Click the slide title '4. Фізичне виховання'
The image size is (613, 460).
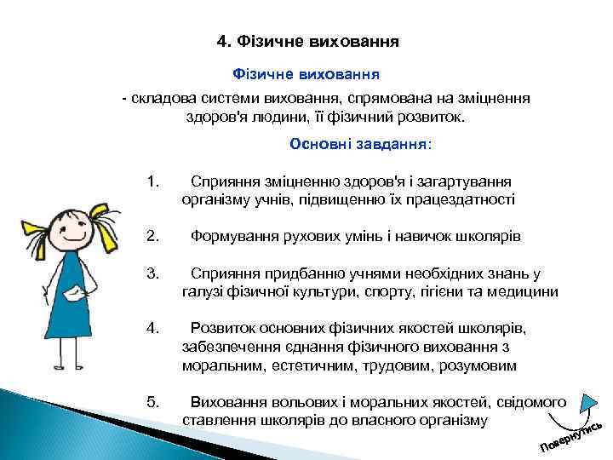point(307,40)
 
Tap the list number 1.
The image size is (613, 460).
point(153,181)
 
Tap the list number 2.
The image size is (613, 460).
point(153,236)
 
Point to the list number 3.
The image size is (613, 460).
point(153,273)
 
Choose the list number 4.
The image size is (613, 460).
point(153,328)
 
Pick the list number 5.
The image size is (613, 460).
point(153,401)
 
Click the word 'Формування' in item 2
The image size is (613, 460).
point(231,236)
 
